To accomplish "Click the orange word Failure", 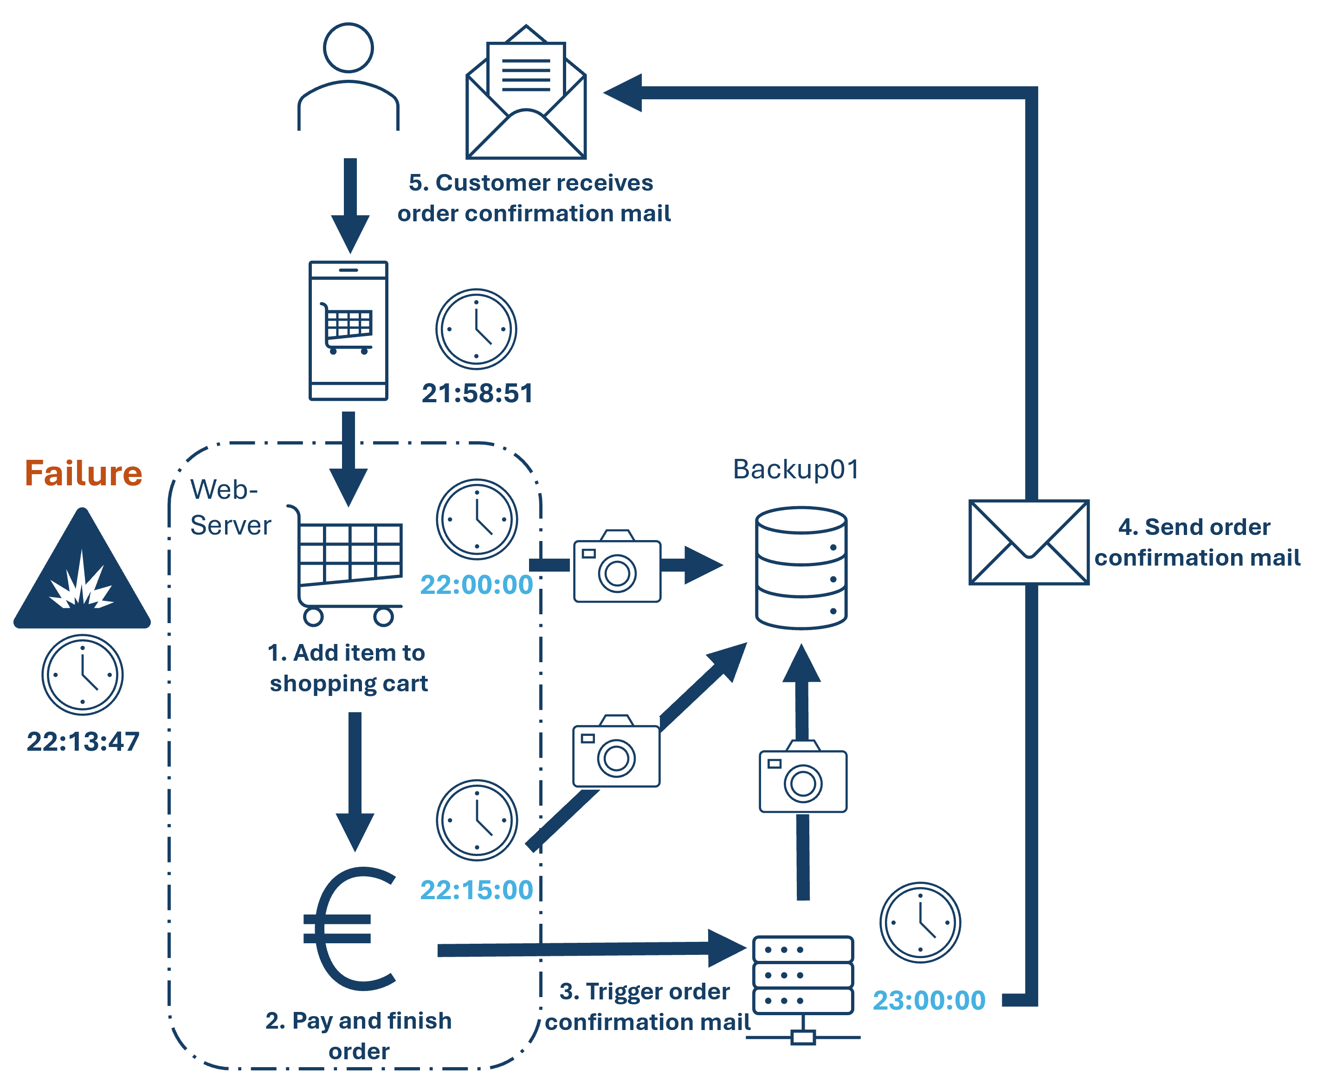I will (x=84, y=473).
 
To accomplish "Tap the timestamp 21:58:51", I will (x=478, y=393).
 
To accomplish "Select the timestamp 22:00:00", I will (x=477, y=585).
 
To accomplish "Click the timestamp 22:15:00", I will (x=477, y=890).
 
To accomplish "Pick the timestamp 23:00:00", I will (x=929, y=1000).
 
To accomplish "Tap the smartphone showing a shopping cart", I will (x=349, y=330).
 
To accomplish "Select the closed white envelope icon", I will (x=1029, y=542).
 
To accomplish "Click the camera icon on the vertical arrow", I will (x=804, y=777).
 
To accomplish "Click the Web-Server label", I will (x=230, y=507).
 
